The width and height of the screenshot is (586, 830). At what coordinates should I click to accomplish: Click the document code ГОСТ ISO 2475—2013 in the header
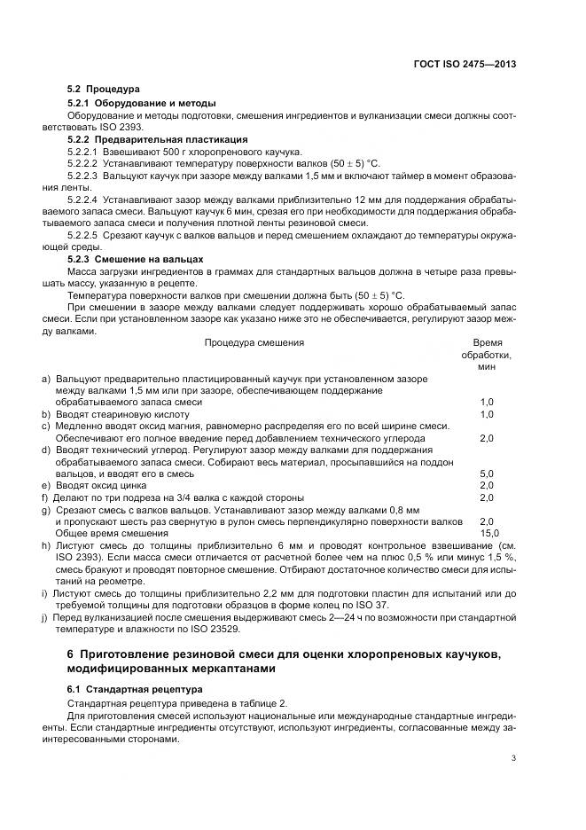tap(465, 64)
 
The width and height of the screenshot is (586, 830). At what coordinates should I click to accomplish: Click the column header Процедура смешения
tap(254, 342)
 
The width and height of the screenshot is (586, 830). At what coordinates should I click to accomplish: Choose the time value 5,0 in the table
tap(487, 474)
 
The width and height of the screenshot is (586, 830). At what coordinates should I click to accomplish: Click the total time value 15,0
tap(487, 534)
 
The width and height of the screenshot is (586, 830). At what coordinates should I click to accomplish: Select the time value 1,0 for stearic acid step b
tap(487, 414)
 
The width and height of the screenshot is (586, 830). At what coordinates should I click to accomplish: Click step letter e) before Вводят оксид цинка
tap(46, 486)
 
